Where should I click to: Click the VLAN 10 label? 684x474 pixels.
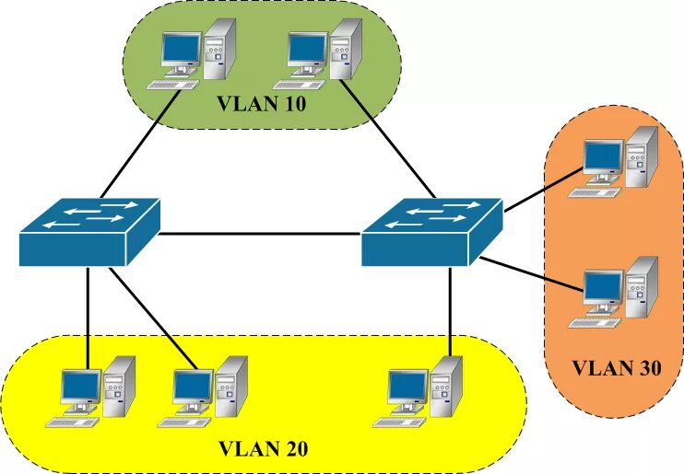[x=261, y=102]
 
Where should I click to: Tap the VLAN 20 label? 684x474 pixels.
[x=263, y=449]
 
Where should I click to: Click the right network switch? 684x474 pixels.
[x=431, y=230]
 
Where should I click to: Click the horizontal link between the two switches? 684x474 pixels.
[x=258, y=234]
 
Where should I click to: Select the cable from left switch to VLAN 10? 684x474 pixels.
[x=138, y=143]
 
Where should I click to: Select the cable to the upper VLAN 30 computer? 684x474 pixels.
[x=544, y=191]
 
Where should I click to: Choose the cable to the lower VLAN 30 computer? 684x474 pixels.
[x=530, y=275]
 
